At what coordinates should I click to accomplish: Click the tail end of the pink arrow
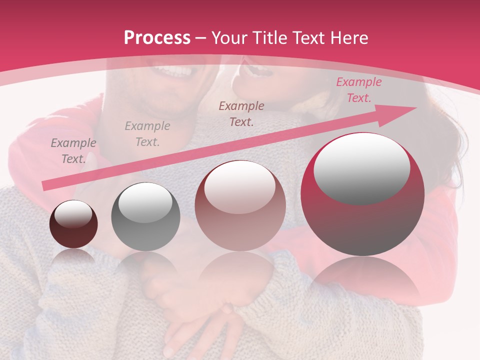point(46,186)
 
